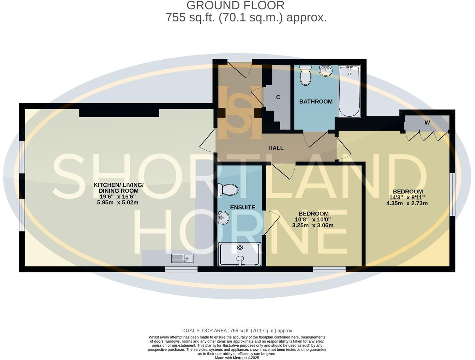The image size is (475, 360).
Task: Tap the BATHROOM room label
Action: [x=316, y=102]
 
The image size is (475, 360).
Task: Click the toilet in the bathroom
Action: [x=305, y=76]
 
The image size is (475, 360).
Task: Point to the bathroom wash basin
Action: [x=326, y=71]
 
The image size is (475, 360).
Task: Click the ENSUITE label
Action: [x=242, y=207]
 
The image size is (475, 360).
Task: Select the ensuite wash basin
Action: [x=223, y=217]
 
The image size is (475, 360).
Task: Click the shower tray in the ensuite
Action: [x=240, y=254]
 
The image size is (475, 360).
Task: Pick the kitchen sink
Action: [x=182, y=258]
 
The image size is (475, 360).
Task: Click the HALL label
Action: [x=276, y=148]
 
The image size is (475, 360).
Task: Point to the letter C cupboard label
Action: [x=278, y=97]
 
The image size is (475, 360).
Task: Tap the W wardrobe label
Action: [x=427, y=123]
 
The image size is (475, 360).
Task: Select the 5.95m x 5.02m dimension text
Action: [x=118, y=202]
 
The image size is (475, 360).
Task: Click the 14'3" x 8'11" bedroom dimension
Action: [x=407, y=197]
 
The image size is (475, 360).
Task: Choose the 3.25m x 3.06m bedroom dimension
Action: [x=313, y=225]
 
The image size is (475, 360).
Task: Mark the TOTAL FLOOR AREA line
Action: [x=237, y=330]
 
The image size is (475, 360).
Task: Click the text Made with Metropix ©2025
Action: [x=237, y=358]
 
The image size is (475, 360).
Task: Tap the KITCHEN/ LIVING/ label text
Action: [x=119, y=185]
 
